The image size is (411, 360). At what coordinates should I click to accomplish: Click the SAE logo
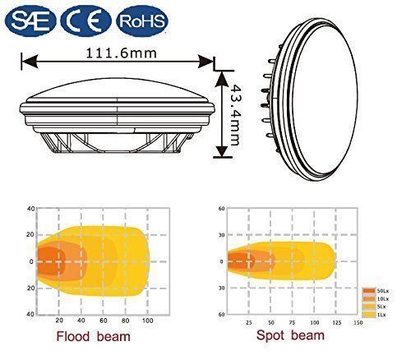[30, 18]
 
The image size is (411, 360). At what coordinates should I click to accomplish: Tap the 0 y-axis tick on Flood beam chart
[31, 262]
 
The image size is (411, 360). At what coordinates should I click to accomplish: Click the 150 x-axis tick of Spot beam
[357, 322]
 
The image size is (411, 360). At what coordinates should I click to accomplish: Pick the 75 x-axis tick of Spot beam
[293, 322]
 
